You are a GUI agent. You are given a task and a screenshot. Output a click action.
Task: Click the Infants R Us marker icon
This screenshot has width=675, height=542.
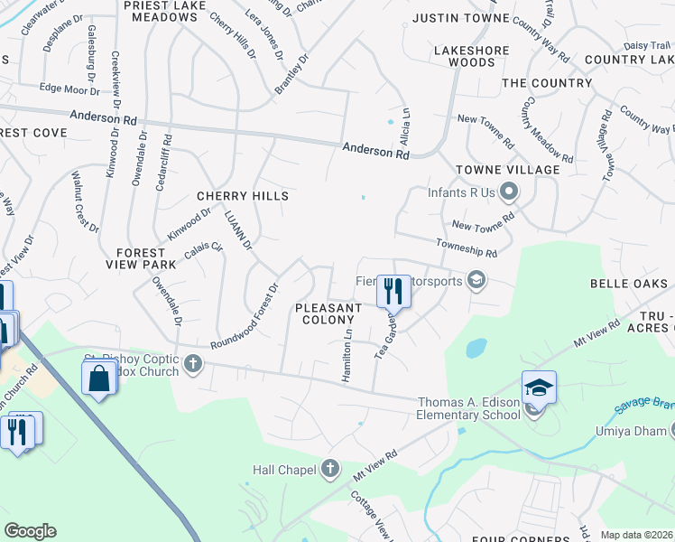(x=509, y=192)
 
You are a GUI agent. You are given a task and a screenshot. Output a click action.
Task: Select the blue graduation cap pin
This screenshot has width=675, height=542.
(x=539, y=388)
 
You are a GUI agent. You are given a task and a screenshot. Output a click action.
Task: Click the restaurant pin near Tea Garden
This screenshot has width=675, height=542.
(x=393, y=292)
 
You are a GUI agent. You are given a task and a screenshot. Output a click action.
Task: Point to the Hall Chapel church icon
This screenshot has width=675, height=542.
(x=330, y=469)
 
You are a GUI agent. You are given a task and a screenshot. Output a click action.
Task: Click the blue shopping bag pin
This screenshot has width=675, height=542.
(x=99, y=378)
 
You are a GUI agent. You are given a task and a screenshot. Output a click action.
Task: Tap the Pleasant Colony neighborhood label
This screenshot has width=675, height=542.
(x=328, y=313)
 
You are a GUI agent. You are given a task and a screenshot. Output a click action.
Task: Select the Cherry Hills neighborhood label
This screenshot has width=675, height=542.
(x=243, y=196)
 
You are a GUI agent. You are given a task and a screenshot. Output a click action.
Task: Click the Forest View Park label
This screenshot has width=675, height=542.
(x=140, y=258)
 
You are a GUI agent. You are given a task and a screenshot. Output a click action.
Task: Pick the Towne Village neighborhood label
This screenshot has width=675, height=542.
(x=507, y=170)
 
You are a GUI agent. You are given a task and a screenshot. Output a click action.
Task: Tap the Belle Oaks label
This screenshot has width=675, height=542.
(x=627, y=284)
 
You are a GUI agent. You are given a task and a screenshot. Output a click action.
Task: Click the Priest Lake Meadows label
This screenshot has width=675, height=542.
(x=159, y=11)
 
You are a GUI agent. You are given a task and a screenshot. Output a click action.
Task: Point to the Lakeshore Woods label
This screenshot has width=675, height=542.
(x=464, y=56)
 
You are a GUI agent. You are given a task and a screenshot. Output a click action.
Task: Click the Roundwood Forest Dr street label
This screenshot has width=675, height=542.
(x=245, y=318)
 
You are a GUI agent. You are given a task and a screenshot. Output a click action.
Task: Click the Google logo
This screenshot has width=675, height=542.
(x=30, y=531)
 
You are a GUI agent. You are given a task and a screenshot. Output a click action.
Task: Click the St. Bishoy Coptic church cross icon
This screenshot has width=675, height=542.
(x=191, y=364)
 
